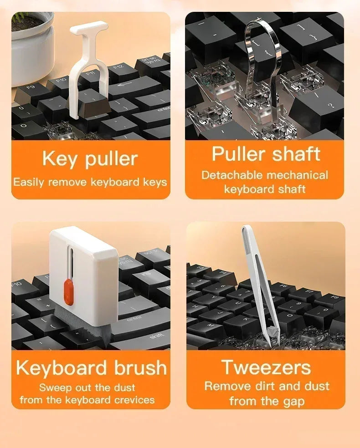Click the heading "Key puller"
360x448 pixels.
point(90,159)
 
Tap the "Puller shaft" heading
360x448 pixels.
point(266,154)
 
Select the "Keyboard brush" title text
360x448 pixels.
point(91,367)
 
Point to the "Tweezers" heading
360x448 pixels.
point(266,367)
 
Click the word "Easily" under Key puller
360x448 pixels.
point(29,183)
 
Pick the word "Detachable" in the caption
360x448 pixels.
point(232,175)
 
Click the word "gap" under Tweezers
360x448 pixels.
point(293,401)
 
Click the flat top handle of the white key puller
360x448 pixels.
point(89,27)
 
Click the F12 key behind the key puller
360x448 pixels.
point(119,69)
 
